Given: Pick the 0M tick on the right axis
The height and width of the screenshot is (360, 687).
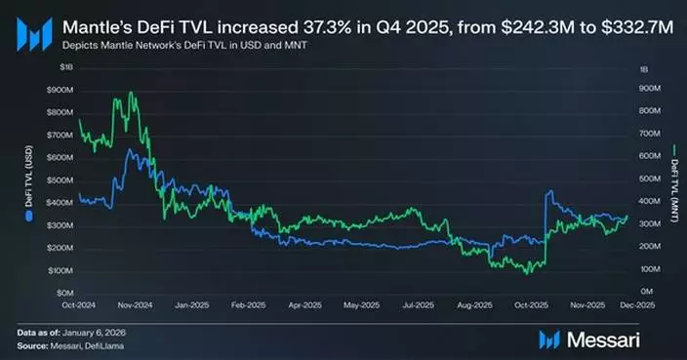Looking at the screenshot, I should (646, 293).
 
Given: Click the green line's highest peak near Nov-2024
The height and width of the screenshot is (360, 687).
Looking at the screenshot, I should (131, 93).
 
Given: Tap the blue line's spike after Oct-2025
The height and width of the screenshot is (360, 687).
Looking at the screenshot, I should (550, 191).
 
